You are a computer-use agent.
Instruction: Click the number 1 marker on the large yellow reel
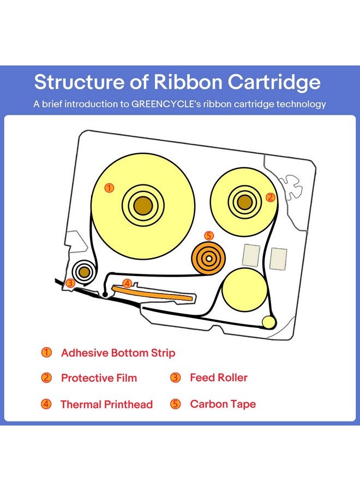coord(109,188)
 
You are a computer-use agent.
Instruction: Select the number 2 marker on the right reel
coord(269,197)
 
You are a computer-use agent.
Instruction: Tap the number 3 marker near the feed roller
coord(70,283)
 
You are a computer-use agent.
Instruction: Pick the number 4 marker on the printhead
coord(127,284)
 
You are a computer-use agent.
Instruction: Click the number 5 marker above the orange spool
coord(208,236)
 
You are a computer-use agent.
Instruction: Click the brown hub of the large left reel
coord(143,205)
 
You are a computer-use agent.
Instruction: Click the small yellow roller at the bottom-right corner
coord(268,322)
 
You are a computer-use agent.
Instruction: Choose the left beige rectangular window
coord(250,255)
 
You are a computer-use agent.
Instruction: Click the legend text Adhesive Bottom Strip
coord(118,353)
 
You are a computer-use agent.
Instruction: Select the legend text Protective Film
coord(99,378)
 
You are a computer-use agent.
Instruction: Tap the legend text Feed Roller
coord(218,378)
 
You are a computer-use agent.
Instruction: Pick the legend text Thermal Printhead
coord(106,405)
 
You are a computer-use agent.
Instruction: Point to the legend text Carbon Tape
coord(223,404)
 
